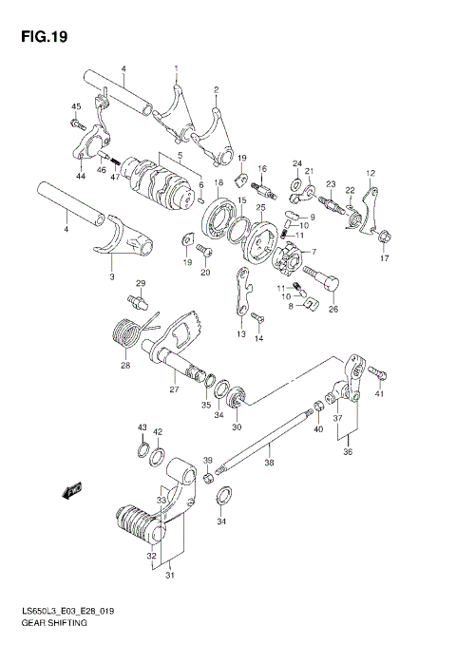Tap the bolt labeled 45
click(x=76, y=123)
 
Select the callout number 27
click(x=174, y=389)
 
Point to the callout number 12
click(x=372, y=172)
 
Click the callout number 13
click(x=241, y=334)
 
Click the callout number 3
click(x=111, y=276)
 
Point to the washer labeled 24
click(x=297, y=183)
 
